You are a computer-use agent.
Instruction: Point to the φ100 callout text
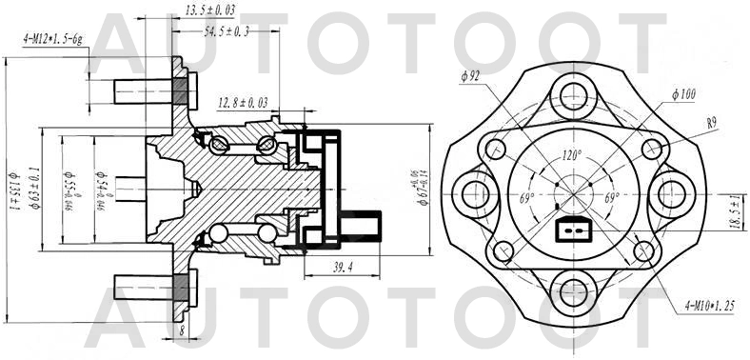683,94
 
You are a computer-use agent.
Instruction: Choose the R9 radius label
711,122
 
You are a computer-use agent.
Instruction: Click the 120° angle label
572,154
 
